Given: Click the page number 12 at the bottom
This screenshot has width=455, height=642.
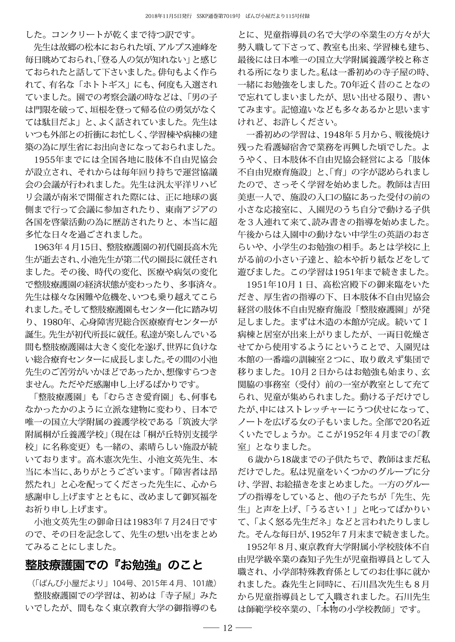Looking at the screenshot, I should [x=227, y=628].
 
